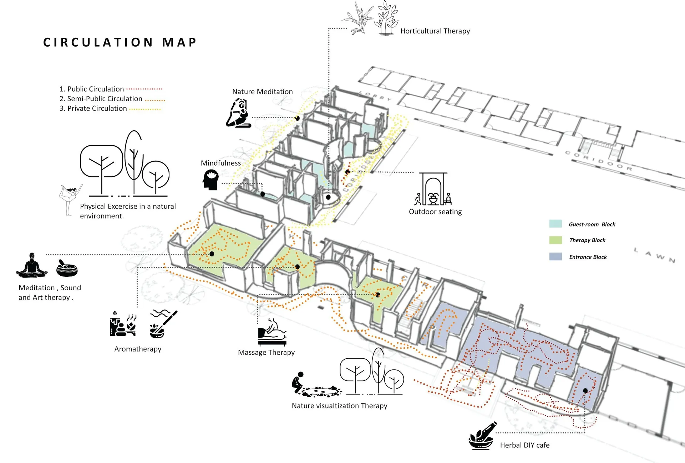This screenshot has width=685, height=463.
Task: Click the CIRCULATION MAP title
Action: pos(120,42)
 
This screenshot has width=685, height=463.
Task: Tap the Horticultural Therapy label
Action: pos(435,31)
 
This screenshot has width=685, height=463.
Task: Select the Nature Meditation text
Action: pos(262,92)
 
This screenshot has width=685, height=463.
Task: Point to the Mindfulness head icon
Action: pos(210,179)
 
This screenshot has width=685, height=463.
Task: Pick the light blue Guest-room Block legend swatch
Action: pos(555,224)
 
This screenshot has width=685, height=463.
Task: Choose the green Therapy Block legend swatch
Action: pos(555,240)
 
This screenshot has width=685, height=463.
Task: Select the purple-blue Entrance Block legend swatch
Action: pos(555,256)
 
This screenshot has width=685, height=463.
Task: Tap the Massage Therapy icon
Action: pos(272,333)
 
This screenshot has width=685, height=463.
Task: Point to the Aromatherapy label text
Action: pos(138,349)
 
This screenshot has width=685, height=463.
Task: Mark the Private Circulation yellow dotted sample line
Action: pos(145,109)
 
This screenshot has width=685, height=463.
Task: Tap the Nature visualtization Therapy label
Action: pos(339,406)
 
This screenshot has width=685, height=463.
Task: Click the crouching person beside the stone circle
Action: pos(298,382)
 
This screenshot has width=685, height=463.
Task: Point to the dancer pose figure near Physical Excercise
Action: pos(70,199)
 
